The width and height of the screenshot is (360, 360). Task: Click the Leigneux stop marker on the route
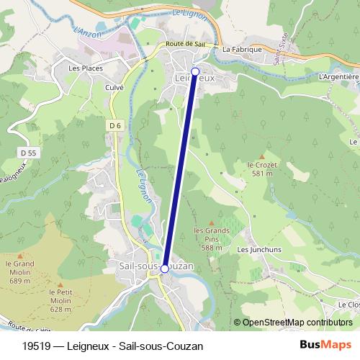coord(194,72)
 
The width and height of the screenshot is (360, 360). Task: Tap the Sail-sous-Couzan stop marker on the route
coord(164,269)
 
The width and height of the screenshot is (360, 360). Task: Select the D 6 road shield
coord(114,125)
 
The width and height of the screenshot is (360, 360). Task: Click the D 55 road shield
coord(28,153)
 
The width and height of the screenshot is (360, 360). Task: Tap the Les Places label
coord(86,68)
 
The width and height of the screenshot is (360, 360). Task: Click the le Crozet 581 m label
coord(261,168)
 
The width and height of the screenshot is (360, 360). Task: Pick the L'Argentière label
coord(338,76)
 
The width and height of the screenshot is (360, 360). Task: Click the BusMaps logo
coord(325,345)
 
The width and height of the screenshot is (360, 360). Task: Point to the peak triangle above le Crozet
coord(261,156)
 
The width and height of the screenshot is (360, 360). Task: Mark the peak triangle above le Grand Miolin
coord(19,255)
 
